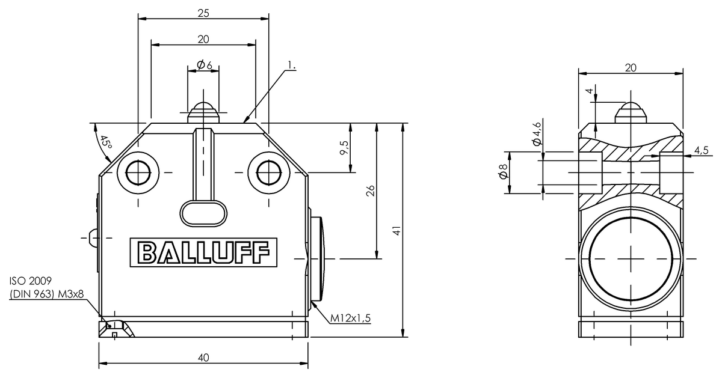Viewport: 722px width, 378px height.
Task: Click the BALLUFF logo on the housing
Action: pyautogui.click(x=203, y=252)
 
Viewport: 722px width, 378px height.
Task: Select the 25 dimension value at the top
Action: pyautogui.click(x=203, y=13)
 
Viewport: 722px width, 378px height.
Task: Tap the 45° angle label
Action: pyautogui.click(x=105, y=142)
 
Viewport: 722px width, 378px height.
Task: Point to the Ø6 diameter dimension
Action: pyautogui.click(x=205, y=65)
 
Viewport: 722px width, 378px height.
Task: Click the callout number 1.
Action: pyautogui.click(x=292, y=66)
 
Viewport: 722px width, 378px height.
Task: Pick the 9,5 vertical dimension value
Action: pyautogui.click(x=344, y=147)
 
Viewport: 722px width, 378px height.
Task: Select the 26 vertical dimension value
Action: pyautogui.click(x=371, y=191)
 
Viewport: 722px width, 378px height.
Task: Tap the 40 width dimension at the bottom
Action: pyautogui.click(x=203, y=358)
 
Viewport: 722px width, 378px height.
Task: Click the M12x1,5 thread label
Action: pyautogui.click(x=350, y=318)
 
